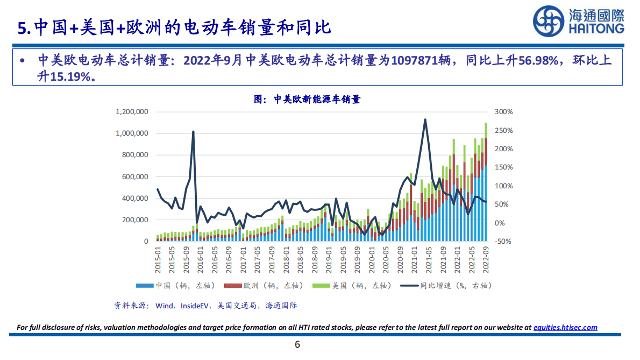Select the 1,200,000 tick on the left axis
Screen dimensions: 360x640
(132, 112)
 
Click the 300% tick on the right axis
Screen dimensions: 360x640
(504, 112)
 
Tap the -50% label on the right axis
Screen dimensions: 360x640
(503, 242)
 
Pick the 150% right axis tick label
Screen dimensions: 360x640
(504, 167)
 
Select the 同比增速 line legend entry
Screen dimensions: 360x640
(451, 286)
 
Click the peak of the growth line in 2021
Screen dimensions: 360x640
(425, 119)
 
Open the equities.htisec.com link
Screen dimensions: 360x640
(565, 327)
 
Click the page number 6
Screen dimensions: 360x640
(297, 345)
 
